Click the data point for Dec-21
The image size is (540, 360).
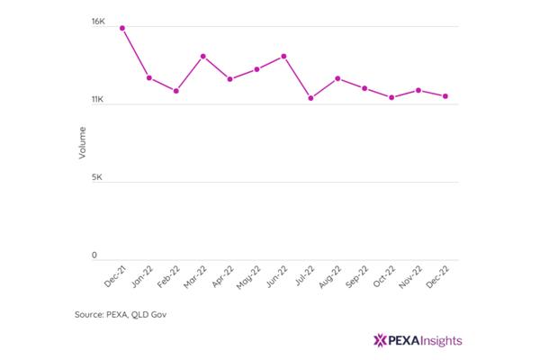click(x=122, y=28)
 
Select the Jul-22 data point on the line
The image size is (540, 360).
click(x=310, y=98)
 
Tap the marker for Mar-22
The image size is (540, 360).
click(x=203, y=56)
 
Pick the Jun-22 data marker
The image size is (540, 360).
click(x=283, y=56)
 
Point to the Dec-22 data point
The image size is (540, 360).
click(x=445, y=96)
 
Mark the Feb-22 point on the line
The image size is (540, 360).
click(x=176, y=91)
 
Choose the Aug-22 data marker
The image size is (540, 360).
click(x=337, y=78)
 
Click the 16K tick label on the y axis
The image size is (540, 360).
click(x=98, y=22)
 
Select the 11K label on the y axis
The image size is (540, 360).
click(x=97, y=100)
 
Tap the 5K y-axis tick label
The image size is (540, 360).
click(x=97, y=177)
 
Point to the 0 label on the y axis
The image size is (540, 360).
click(x=94, y=256)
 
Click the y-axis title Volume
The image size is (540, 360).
click(x=82, y=143)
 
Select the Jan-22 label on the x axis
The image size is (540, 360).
click(x=142, y=276)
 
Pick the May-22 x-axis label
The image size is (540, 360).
click(x=248, y=277)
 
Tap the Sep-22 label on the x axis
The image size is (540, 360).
click(x=357, y=276)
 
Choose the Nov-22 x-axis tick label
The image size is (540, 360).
click(x=410, y=277)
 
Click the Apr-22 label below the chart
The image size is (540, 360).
click(x=223, y=276)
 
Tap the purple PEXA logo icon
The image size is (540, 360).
click(x=380, y=340)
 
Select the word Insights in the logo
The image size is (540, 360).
click(x=441, y=341)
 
